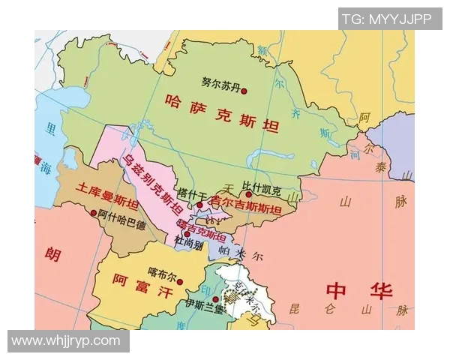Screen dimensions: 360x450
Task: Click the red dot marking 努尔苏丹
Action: [x=243, y=90]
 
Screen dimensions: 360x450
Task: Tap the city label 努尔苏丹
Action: [x=220, y=84]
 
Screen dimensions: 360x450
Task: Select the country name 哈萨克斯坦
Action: [x=221, y=112]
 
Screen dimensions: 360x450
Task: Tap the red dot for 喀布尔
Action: [x=180, y=282]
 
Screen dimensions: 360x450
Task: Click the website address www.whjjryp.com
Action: [x=66, y=340]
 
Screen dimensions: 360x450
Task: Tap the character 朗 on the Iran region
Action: [x=52, y=255]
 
